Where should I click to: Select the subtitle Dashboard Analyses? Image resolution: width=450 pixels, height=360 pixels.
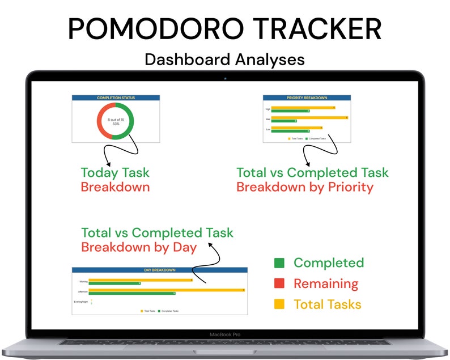click(224, 59)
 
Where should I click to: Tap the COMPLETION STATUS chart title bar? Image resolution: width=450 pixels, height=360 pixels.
click(116, 98)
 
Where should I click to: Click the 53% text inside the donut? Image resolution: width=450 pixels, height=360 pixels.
click(116, 123)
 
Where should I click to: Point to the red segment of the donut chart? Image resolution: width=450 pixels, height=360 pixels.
click(101, 121)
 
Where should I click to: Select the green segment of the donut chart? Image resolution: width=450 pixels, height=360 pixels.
click(130, 121)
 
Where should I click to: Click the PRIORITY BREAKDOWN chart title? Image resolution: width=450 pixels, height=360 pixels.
click(307, 98)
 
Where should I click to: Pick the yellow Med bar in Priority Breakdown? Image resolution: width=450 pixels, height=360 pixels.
click(309, 117)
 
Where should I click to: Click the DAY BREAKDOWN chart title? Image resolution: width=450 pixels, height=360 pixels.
click(160, 270)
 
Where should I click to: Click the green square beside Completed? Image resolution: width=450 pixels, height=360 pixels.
click(279, 263)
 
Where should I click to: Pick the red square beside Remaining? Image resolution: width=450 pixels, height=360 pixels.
click(279, 283)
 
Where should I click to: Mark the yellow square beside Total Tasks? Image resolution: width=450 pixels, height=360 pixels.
click(279, 304)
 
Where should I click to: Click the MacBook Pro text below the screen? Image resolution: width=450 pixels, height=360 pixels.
click(225, 334)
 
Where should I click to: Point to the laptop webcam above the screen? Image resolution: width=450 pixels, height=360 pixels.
click(225, 77)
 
